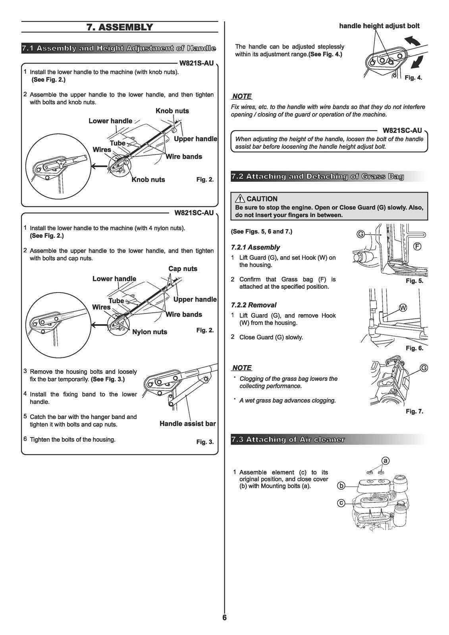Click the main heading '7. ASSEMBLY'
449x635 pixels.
point(119,27)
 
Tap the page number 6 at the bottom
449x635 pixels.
point(224,618)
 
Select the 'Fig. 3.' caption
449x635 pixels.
point(205,442)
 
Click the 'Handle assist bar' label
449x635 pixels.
point(187,423)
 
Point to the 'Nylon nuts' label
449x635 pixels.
point(150,332)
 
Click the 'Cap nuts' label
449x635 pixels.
point(183,269)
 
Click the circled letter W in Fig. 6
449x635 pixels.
point(403,308)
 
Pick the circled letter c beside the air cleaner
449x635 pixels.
point(341,503)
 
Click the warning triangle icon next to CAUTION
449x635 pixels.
point(240,199)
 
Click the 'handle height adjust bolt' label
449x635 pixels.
point(379,26)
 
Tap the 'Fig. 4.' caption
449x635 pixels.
point(413,78)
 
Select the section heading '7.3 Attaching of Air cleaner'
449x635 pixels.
point(288,439)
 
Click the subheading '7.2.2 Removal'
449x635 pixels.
point(253,305)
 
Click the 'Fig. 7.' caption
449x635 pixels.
point(414,411)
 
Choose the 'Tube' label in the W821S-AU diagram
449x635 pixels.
point(118,143)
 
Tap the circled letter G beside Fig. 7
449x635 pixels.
point(424,368)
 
